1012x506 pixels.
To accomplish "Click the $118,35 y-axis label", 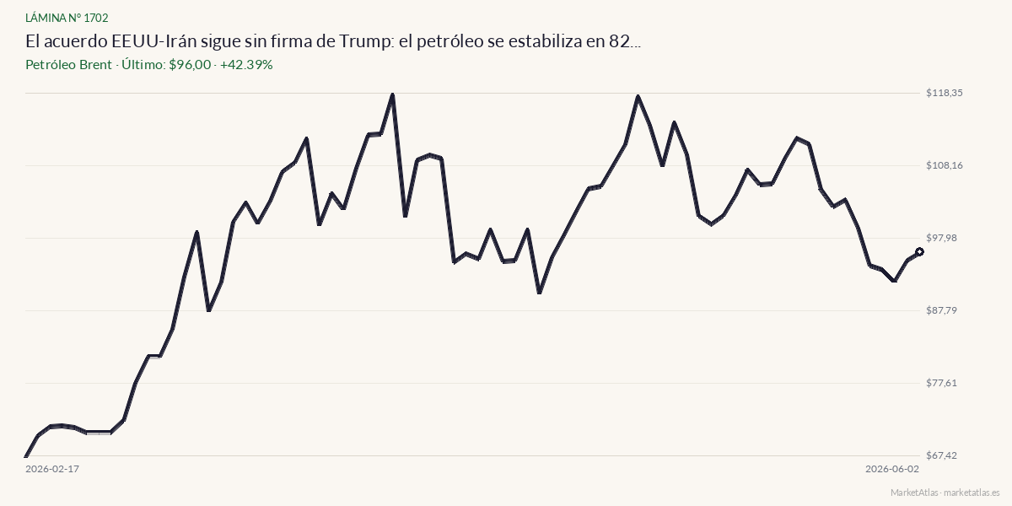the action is pyautogui.click(x=945, y=93).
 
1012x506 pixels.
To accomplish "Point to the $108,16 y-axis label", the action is pyautogui.click(x=945, y=165).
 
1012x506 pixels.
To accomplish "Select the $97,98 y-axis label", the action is pyautogui.click(x=941, y=238).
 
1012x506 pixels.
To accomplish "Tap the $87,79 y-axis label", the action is pyautogui.click(x=941, y=310).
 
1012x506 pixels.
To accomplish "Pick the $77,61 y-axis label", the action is pyautogui.click(x=941, y=383).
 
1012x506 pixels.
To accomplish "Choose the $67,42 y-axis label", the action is pyautogui.click(x=941, y=455).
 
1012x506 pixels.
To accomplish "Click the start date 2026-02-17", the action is pyautogui.click(x=52, y=469).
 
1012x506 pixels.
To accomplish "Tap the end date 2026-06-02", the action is pyautogui.click(x=892, y=469).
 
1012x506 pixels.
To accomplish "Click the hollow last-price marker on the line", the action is pyautogui.click(x=919, y=251).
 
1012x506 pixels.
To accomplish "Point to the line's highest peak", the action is pyautogui.click(x=393, y=94).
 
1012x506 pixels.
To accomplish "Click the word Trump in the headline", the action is pyautogui.click(x=364, y=41).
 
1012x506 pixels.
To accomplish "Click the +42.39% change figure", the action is pyautogui.click(x=246, y=65).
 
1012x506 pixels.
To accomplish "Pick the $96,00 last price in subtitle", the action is pyautogui.click(x=190, y=65).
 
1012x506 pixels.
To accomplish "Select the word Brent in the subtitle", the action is pyautogui.click(x=95, y=65).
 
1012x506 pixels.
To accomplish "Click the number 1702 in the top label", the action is pyautogui.click(x=96, y=18).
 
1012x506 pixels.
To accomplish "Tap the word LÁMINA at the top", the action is pyautogui.click(x=46, y=18).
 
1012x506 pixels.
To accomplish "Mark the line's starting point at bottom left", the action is pyautogui.click(x=26, y=456).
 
